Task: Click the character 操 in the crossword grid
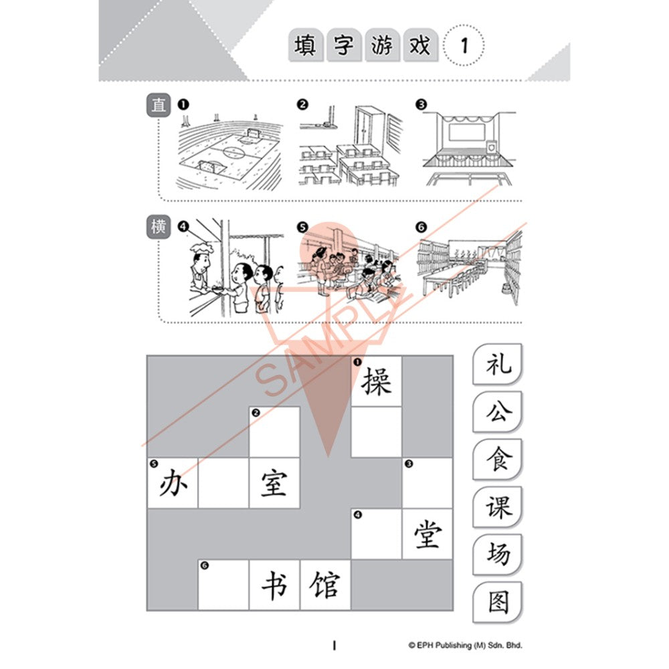[x=376, y=381]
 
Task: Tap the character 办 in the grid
[x=173, y=483]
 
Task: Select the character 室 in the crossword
[x=274, y=483]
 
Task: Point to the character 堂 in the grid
[x=427, y=534]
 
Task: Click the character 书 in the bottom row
[x=274, y=585]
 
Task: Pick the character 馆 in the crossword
[x=325, y=585]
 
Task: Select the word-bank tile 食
[x=498, y=460]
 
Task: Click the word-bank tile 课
[x=498, y=507]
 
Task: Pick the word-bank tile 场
[x=498, y=554]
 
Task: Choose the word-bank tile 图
[x=498, y=601]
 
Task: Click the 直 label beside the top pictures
[x=159, y=105]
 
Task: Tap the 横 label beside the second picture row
[x=159, y=227]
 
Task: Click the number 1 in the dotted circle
[x=464, y=45]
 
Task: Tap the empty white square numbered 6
[x=223, y=585]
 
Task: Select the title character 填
[x=306, y=45]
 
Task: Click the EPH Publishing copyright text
[x=465, y=645]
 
